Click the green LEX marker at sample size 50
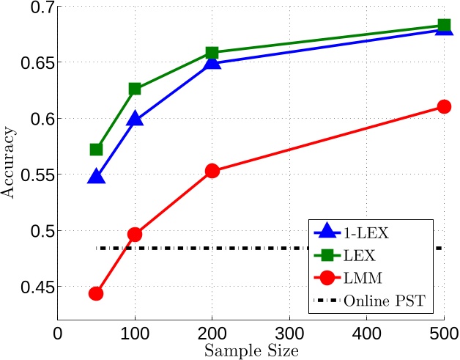click(x=96, y=150)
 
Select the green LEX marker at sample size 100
click(x=135, y=89)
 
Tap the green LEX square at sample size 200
click(x=212, y=53)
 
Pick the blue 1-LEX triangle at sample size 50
click(x=96, y=177)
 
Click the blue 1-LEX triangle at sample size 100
click(x=135, y=119)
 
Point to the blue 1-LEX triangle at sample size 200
click(x=212, y=62)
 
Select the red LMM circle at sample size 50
click(x=96, y=293)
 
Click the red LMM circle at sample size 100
click(x=135, y=235)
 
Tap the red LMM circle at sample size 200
click(x=212, y=171)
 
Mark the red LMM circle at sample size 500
click(x=443, y=106)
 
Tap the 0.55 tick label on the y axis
click(x=33, y=175)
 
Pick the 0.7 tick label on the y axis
click(x=37, y=7)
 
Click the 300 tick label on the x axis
click(x=289, y=333)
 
